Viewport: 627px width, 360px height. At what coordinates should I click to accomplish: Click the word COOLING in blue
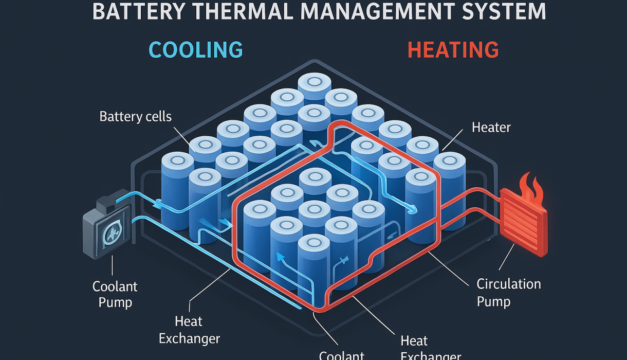(195, 50)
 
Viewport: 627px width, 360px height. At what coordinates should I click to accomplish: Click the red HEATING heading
(453, 50)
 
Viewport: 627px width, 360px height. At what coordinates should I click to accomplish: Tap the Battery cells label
(136, 116)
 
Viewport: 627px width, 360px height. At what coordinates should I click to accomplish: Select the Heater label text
(491, 127)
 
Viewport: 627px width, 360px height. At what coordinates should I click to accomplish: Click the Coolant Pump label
(115, 294)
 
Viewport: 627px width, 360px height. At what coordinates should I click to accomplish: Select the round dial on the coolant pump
(111, 236)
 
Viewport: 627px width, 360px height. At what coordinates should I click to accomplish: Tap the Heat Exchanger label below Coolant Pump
(189, 330)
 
